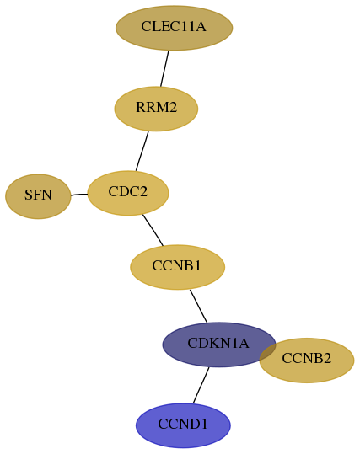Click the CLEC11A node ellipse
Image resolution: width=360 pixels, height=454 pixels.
tap(174, 28)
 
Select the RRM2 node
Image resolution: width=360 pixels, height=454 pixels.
tap(156, 109)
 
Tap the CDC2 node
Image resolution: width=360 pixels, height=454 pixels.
tap(128, 193)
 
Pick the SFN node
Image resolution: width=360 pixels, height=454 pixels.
tap(38, 196)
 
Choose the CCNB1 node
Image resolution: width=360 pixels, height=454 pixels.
tap(177, 267)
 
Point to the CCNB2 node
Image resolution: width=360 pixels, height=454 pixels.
tap(310, 361)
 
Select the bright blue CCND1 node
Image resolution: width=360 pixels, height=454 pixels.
tap(183, 425)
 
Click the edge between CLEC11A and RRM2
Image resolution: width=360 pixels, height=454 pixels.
tap(164, 68)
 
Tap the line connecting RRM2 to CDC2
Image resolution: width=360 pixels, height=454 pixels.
tap(142, 151)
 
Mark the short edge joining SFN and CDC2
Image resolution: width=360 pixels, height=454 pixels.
tap(79, 195)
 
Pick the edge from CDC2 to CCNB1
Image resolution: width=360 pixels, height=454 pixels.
tap(153, 230)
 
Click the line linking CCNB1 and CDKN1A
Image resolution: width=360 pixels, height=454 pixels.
tap(198, 306)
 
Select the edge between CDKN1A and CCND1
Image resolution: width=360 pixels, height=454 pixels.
tap(201, 385)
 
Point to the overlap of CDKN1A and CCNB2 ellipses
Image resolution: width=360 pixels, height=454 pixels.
tap(267, 353)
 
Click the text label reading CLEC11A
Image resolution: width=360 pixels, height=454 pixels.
tap(174, 27)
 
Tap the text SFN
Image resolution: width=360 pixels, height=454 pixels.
tap(38, 195)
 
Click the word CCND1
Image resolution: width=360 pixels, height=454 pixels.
tap(183, 425)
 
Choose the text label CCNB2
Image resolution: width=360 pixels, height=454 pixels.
tap(307, 359)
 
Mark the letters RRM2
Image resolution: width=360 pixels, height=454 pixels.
tap(157, 108)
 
